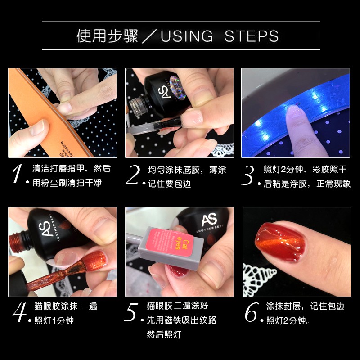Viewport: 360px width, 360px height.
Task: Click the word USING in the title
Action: coord(187,36)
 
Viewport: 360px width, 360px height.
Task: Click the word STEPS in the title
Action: coord(252,36)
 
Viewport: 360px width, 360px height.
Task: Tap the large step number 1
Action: coord(17,174)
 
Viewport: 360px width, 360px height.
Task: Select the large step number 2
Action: coord(133,175)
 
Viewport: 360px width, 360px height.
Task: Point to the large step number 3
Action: coord(248,175)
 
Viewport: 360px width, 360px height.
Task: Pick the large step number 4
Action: coord(19,312)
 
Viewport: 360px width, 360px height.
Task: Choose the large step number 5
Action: coord(131,312)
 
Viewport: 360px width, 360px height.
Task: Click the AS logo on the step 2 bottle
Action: coord(164,92)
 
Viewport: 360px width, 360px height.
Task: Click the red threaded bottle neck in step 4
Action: coord(17,243)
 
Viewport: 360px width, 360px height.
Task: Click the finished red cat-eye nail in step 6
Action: coord(280,243)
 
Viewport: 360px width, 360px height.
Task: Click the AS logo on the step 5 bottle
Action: coord(209,220)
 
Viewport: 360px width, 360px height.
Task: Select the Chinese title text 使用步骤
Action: coord(108,36)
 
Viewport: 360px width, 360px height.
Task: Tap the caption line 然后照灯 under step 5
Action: coord(164,334)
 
